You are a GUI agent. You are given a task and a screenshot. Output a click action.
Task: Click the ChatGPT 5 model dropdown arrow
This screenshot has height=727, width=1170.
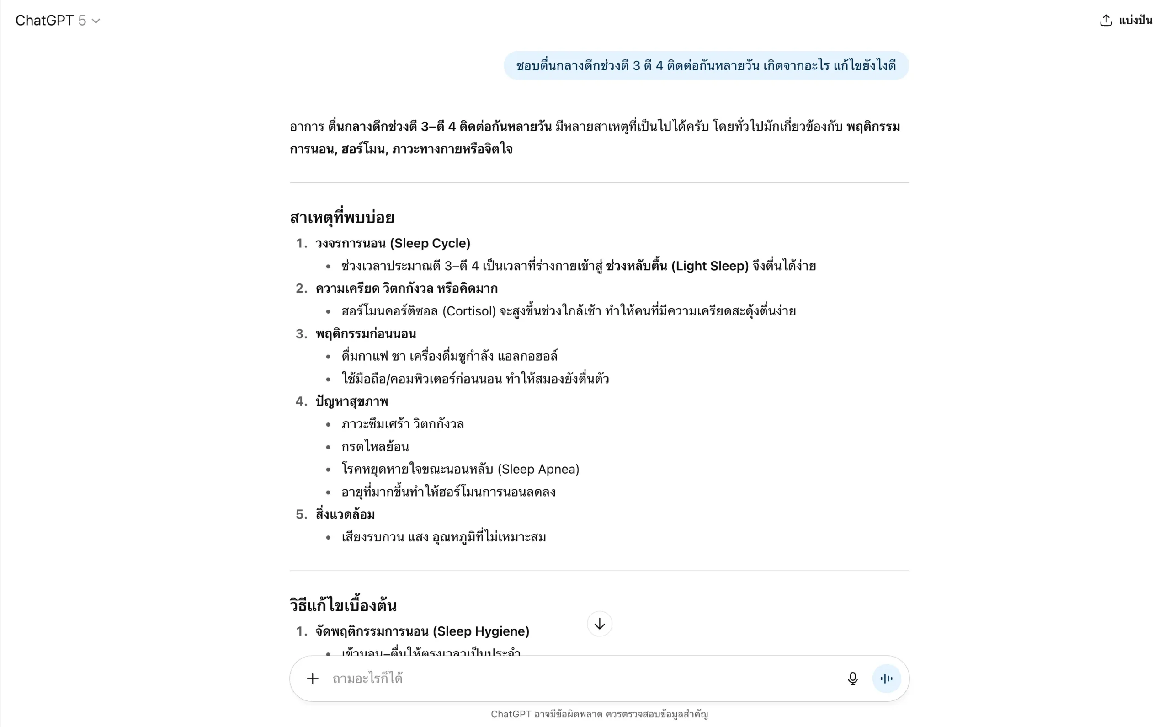point(96,21)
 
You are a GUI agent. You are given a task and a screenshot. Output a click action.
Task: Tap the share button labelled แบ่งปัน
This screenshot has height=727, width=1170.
point(1125,20)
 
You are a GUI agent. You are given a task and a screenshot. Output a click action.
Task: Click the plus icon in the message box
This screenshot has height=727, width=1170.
point(312,679)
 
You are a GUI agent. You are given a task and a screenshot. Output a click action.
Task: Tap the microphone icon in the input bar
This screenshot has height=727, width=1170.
point(852,679)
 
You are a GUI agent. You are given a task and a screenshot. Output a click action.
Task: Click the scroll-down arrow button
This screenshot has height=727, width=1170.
point(599,624)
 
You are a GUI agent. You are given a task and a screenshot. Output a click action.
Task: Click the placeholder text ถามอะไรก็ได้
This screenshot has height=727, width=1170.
point(367,679)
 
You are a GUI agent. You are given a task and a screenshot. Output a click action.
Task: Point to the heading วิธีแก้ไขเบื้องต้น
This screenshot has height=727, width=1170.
point(343,605)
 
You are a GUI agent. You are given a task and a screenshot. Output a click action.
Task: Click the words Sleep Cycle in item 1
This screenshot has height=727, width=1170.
point(430,243)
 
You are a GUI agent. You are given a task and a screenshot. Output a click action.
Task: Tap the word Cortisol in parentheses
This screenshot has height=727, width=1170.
point(468,311)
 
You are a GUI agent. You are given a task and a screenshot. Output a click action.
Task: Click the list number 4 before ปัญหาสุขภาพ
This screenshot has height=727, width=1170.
point(301,401)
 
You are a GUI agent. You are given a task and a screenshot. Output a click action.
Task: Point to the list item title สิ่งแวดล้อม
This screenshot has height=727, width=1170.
point(345,514)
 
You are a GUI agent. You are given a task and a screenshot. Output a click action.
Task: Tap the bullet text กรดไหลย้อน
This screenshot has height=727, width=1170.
point(375,447)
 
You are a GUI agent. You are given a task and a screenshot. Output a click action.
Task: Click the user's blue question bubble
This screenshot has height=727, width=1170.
point(706,65)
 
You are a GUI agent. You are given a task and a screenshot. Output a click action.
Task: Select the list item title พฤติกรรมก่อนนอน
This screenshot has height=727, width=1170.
point(366,334)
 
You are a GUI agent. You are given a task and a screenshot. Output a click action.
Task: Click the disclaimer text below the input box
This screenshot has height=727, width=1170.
point(599,715)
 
